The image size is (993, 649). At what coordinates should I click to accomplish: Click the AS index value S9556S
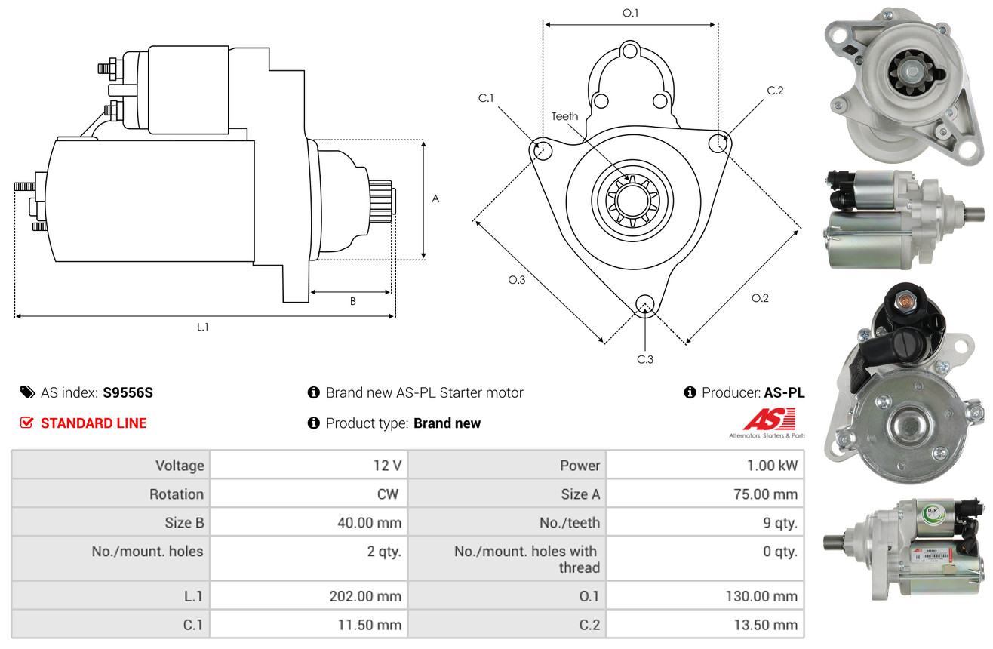tap(128, 392)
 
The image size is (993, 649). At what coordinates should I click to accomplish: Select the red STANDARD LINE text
tap(94, 423)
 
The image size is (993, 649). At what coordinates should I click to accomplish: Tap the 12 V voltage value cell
tap(386, 466)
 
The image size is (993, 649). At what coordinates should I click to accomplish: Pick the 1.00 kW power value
tap(772, 466)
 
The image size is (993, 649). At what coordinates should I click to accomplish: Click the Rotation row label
tap(176, 494)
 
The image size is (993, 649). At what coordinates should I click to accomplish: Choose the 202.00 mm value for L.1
tap(365, 596)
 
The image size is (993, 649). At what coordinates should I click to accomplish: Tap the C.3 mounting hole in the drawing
tap(644, 304)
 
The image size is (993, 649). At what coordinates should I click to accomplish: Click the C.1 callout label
tap(485, 98)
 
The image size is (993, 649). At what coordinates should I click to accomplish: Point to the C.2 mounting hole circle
tap(720, 142)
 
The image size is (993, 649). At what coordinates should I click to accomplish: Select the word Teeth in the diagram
tap(564, 116)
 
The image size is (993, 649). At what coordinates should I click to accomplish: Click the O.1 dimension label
tap(630, 13)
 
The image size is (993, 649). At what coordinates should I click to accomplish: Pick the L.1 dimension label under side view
tap(203, 327)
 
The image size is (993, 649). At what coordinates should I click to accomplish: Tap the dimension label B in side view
tap(352, 301)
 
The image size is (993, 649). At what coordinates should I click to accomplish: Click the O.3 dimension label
tap(516, 280)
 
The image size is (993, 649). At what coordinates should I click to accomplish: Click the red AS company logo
tap(768, 420)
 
